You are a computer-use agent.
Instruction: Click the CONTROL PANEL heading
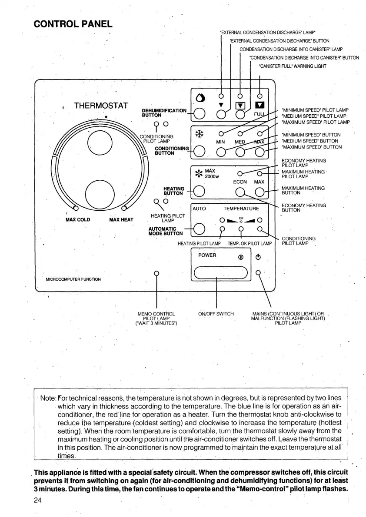73,23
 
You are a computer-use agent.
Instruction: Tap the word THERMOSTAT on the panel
101,106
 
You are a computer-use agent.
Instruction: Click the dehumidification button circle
200,114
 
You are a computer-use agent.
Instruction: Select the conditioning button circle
200,151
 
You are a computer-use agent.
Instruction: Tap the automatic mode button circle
200,228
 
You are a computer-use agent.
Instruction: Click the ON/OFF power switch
221,272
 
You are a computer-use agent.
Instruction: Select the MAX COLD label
78,220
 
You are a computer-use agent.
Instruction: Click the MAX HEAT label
121,220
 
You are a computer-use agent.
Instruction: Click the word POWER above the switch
207,255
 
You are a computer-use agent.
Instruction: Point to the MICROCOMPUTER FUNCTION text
73,279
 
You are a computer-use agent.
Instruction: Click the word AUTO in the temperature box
199,209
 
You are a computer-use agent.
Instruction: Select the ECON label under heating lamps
240,182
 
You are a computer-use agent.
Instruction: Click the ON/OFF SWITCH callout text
216,314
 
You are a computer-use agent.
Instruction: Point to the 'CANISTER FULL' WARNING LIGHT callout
292,66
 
